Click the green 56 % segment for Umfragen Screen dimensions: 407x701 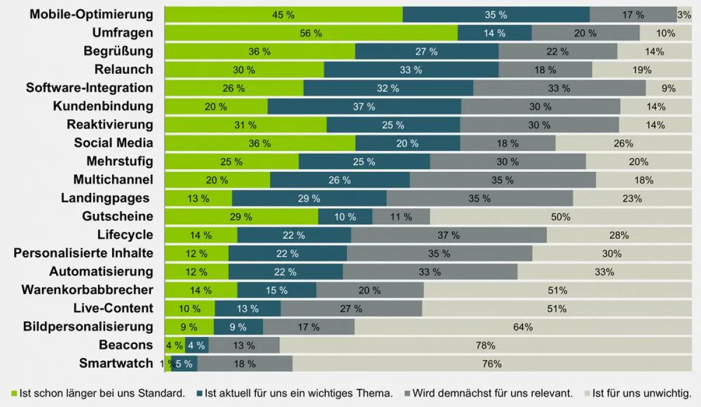(311, 33)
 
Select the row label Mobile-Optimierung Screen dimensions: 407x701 (92, 15)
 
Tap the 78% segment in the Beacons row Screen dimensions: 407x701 (485, 345)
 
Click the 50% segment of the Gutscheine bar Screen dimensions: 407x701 (560, 217)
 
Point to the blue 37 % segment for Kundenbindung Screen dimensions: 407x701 (364, 107)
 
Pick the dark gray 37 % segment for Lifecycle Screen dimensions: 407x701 (449, 235)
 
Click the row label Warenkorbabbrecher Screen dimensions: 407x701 (88, 290)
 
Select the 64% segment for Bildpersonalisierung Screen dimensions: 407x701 (523, 327)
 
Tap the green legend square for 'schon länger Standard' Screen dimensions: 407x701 (15, 393)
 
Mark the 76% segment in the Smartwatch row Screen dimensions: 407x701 (492, 364)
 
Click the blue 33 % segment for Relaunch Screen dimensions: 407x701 (411, 70)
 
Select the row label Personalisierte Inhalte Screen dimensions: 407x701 (84, 253)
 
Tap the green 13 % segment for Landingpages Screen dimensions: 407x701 (198, 199)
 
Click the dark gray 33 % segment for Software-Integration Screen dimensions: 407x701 (559, 88)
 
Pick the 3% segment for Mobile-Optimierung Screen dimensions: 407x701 (684, 15)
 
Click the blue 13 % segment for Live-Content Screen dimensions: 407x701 (248, 308)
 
